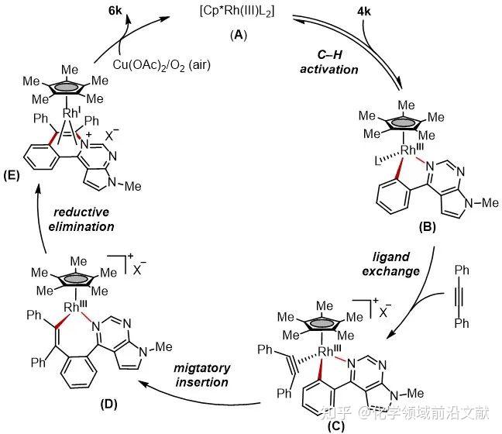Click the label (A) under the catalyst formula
pos(239,35)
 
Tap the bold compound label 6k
pos(115,11)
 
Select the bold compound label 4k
pos(364,12)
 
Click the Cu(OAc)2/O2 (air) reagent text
pos(162,65)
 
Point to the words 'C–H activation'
pos(329,62)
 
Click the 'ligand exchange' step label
pos(391,264)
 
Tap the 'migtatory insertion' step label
pos(201,375)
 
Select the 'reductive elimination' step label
pos(81,219)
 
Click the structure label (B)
pos(428,227)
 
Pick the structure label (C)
pos(336,426)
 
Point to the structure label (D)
pos(109,405)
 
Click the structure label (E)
pos(12,175)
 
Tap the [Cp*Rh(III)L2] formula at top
pos(237,12)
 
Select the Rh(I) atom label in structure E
pos(70,112)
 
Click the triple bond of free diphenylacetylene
pos(460,297)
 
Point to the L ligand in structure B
pos(378,161)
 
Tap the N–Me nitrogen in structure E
pos(112,182)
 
